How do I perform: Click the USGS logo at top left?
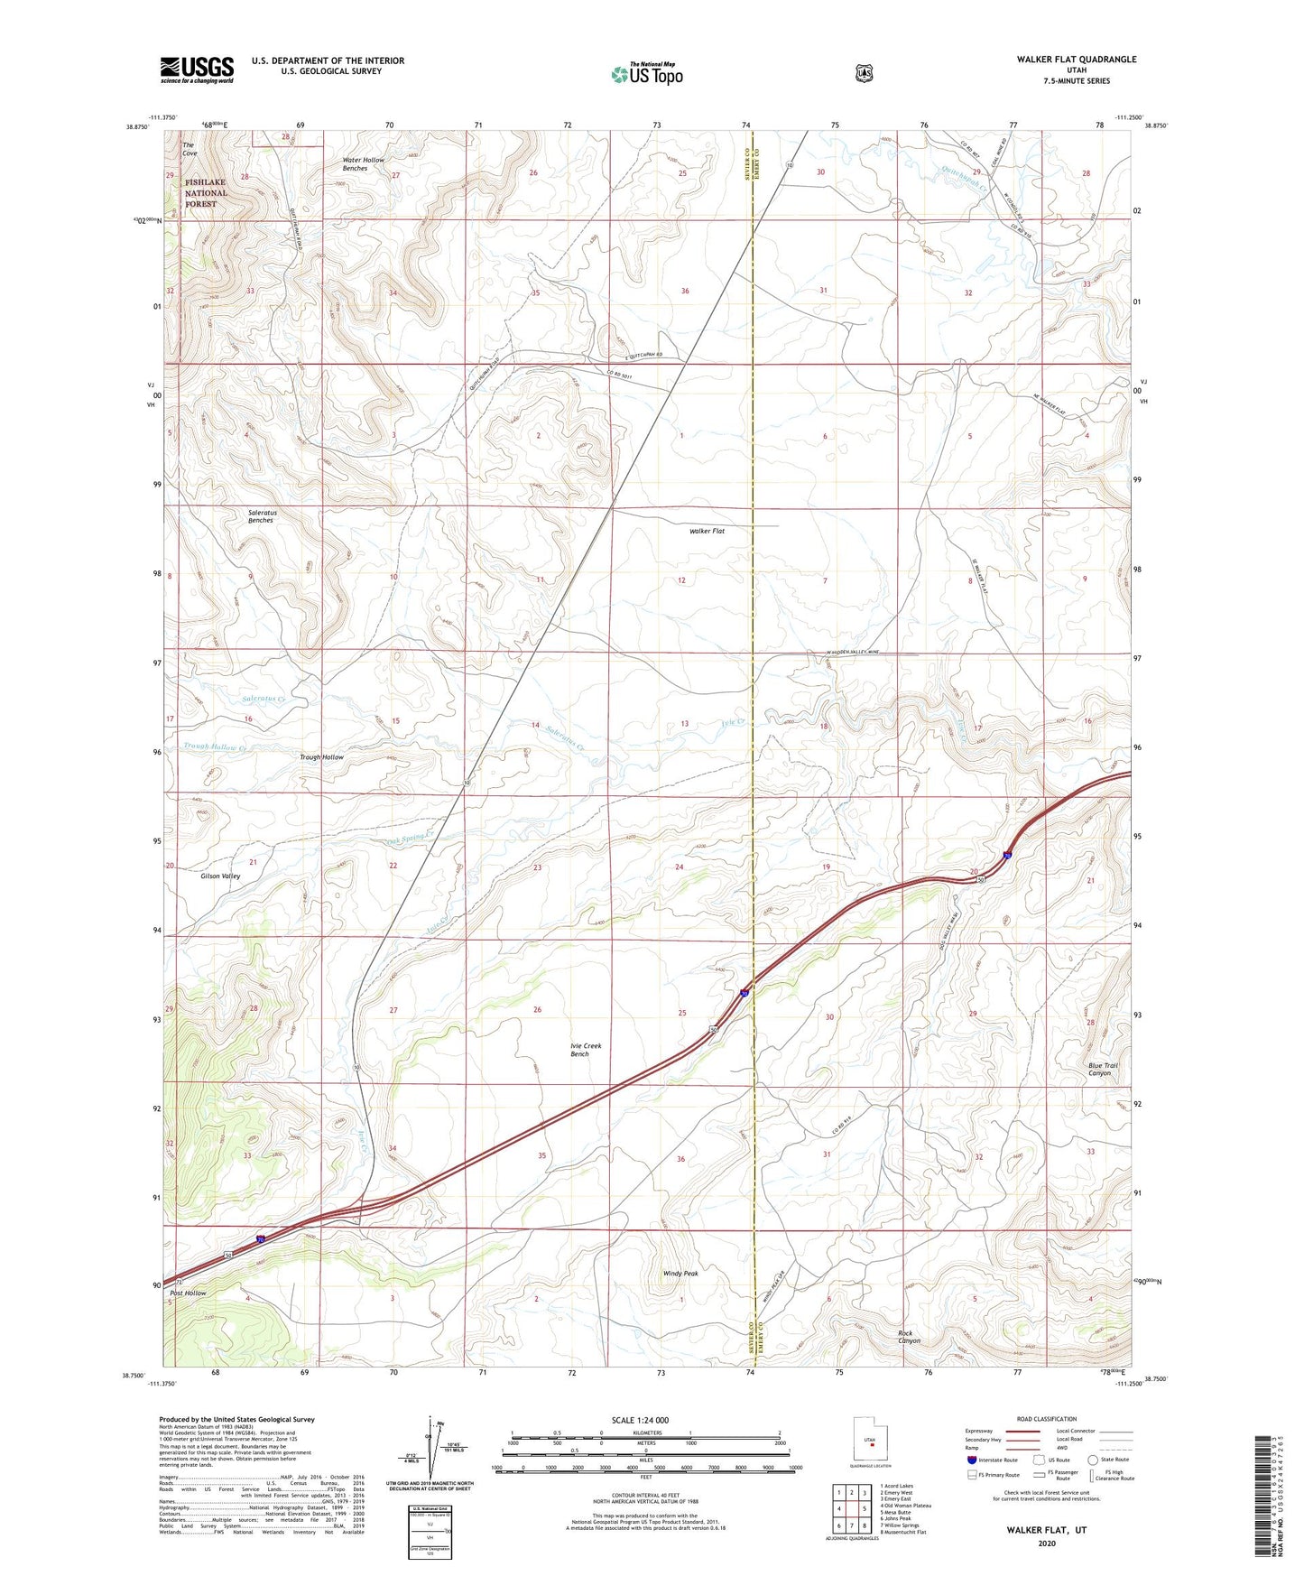pos(197,70)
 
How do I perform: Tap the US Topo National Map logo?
pos(646,74)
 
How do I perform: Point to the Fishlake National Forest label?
pos(206,193)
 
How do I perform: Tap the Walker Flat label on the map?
pos(707,532)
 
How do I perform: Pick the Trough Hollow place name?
pos(321,757)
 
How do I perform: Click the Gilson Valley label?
pos(220,876)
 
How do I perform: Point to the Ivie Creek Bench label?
pos(585,1050)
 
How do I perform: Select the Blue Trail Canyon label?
pos(1102,1070)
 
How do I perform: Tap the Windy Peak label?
pos(680,1274)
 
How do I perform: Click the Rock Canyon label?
pos(909,1337)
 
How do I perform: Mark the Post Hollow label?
pos(188,1293)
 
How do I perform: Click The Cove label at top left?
pos(189,149)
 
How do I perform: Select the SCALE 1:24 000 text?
pos(640,1420)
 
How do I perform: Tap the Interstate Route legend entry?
pos(992,1460)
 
